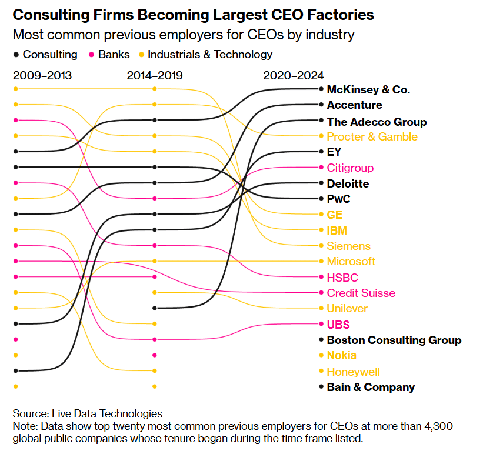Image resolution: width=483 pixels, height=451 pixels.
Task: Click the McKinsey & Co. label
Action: [368, 90]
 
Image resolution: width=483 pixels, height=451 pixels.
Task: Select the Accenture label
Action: [354, 105]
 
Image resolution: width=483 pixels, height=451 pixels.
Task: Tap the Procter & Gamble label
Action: [372, 137]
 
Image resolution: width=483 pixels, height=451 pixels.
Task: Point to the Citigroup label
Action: [350, 168]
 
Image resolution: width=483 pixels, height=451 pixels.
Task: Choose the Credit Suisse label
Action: [361, 293]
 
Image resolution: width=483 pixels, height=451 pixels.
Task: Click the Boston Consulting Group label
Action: [394, 340]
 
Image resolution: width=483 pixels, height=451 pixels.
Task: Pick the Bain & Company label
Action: [371, 387]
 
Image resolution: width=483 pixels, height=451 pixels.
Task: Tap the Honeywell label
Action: [353, 372]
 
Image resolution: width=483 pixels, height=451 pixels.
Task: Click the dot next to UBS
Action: [321, 324]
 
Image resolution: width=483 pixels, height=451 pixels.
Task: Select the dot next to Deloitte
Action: [321, 183]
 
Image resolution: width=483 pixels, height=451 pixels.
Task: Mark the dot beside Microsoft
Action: [321, 261]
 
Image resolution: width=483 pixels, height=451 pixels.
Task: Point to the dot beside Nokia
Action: [321, 355]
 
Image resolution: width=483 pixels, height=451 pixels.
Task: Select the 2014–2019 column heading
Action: [155, 75]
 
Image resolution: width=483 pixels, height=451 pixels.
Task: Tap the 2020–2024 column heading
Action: [294, 75]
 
